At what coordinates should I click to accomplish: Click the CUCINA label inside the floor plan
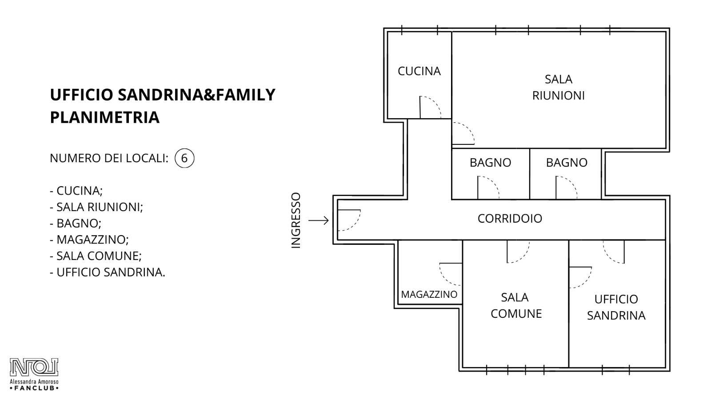point(419,71)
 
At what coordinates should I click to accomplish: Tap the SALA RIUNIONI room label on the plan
point(558,87)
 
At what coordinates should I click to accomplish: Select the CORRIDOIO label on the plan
point(510,218)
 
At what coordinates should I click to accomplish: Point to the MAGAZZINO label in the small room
point(429,294)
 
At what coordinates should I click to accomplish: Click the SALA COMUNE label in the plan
point(516,305)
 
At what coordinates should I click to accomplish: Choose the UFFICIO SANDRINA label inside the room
point(616,307)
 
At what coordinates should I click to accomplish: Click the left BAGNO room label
point(491,163)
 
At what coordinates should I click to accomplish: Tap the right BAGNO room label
point(567,163)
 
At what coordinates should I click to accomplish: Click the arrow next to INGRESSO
point(318,220)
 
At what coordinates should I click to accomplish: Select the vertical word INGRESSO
point(296,220)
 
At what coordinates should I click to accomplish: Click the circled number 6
point(184,158)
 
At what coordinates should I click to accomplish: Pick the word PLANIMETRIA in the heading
point(105,117)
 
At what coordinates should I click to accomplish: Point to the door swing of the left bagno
point(493,182)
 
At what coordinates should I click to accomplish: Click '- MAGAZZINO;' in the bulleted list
point(89,240)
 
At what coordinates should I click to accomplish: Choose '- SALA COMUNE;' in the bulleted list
point(96,256)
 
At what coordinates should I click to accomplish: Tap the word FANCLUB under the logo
point(34,388)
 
